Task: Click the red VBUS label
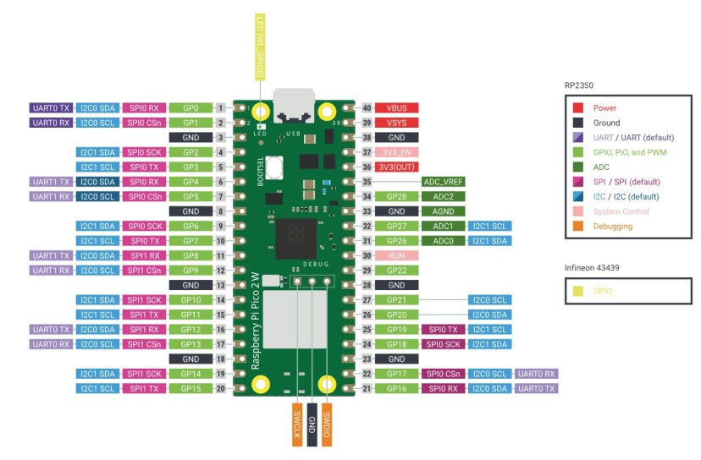pyautogui.click(x=396, y=108)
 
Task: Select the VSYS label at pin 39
pyautogui.click(x=396, y=123)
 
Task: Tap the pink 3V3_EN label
pyautogui.click(x=396, y=152)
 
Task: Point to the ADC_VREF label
pyautogui.click(x=444, y=182)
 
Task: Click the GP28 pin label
pyautogui.click(x=396, y=196)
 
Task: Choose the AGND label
pyautogui.click(x=444, y=211)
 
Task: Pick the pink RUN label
pyautogui.click(x=396, y=255)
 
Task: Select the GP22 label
pyautogui.click(x=396, y=270)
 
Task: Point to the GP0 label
pyautogui.click(x=190, y=108)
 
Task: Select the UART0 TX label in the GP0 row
pyautogui.click(x=52, y=108)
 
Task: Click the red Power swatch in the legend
pyautogui.click(x=577, y=108)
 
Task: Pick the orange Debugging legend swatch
pyautogui.click(x=577, y=226)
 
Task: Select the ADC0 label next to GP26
pyautogui.click(x=444, y=241)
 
